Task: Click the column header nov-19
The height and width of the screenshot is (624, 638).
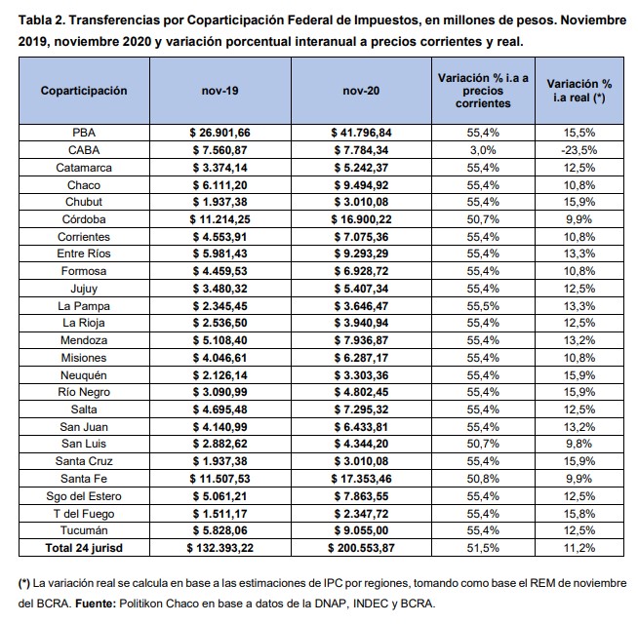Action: tap(219, 91)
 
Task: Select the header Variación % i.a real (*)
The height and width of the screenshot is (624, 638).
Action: tap(579, 91)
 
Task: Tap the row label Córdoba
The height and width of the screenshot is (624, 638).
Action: tap(84, 219)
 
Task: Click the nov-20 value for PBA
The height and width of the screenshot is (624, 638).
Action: tap(361, 133)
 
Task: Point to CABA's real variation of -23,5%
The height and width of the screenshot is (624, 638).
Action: tap(579, 150)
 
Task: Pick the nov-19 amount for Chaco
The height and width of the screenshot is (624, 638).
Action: tap(219, 185)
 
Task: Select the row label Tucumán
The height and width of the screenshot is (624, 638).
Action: tap(84, 530)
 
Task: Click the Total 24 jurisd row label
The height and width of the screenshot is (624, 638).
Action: tap(84, 548)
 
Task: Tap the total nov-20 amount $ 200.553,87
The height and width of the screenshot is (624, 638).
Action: tap(361, 548)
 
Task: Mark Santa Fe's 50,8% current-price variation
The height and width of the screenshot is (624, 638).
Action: tap(483, 479)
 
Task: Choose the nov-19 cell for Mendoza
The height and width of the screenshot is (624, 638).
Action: tap(219, 340)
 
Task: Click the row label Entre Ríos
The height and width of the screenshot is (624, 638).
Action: tap(84, 253)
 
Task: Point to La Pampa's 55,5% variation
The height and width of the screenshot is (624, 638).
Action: tap(483, 306)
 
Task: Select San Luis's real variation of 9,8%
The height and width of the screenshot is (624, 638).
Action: tap(579, 444)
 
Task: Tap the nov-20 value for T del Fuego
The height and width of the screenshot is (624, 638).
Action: tap(361, 514)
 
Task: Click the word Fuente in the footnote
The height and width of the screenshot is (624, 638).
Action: tap(96, 604)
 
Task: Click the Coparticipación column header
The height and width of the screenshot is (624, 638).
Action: tap(84, 91)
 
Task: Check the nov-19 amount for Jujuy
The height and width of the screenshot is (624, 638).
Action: tap(219, 289)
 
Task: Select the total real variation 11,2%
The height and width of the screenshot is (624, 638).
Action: tap(579, 548)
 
